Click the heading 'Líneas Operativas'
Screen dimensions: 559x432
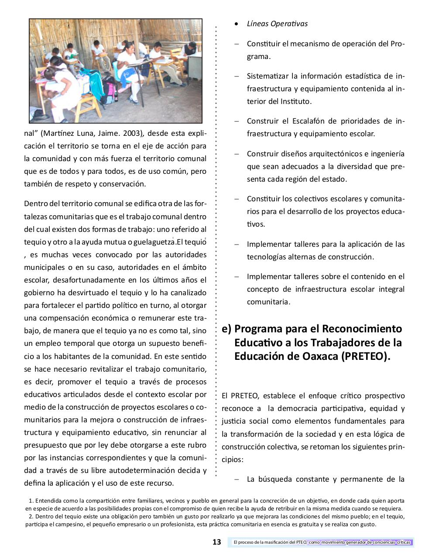click(277, 24)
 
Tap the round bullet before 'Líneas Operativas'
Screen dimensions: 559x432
click(237, 24)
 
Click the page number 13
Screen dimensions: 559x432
click(217, 542)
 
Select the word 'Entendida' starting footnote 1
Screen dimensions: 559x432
click(48, 501)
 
